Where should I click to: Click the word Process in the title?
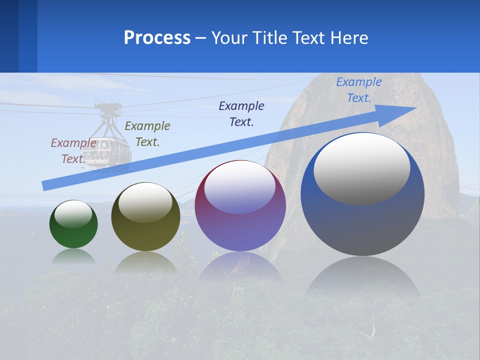(157, 38)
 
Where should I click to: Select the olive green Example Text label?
(147, 134)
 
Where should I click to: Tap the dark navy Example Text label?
(241, 114)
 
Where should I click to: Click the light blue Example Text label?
(358, 90)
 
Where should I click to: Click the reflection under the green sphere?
(73, 256)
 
